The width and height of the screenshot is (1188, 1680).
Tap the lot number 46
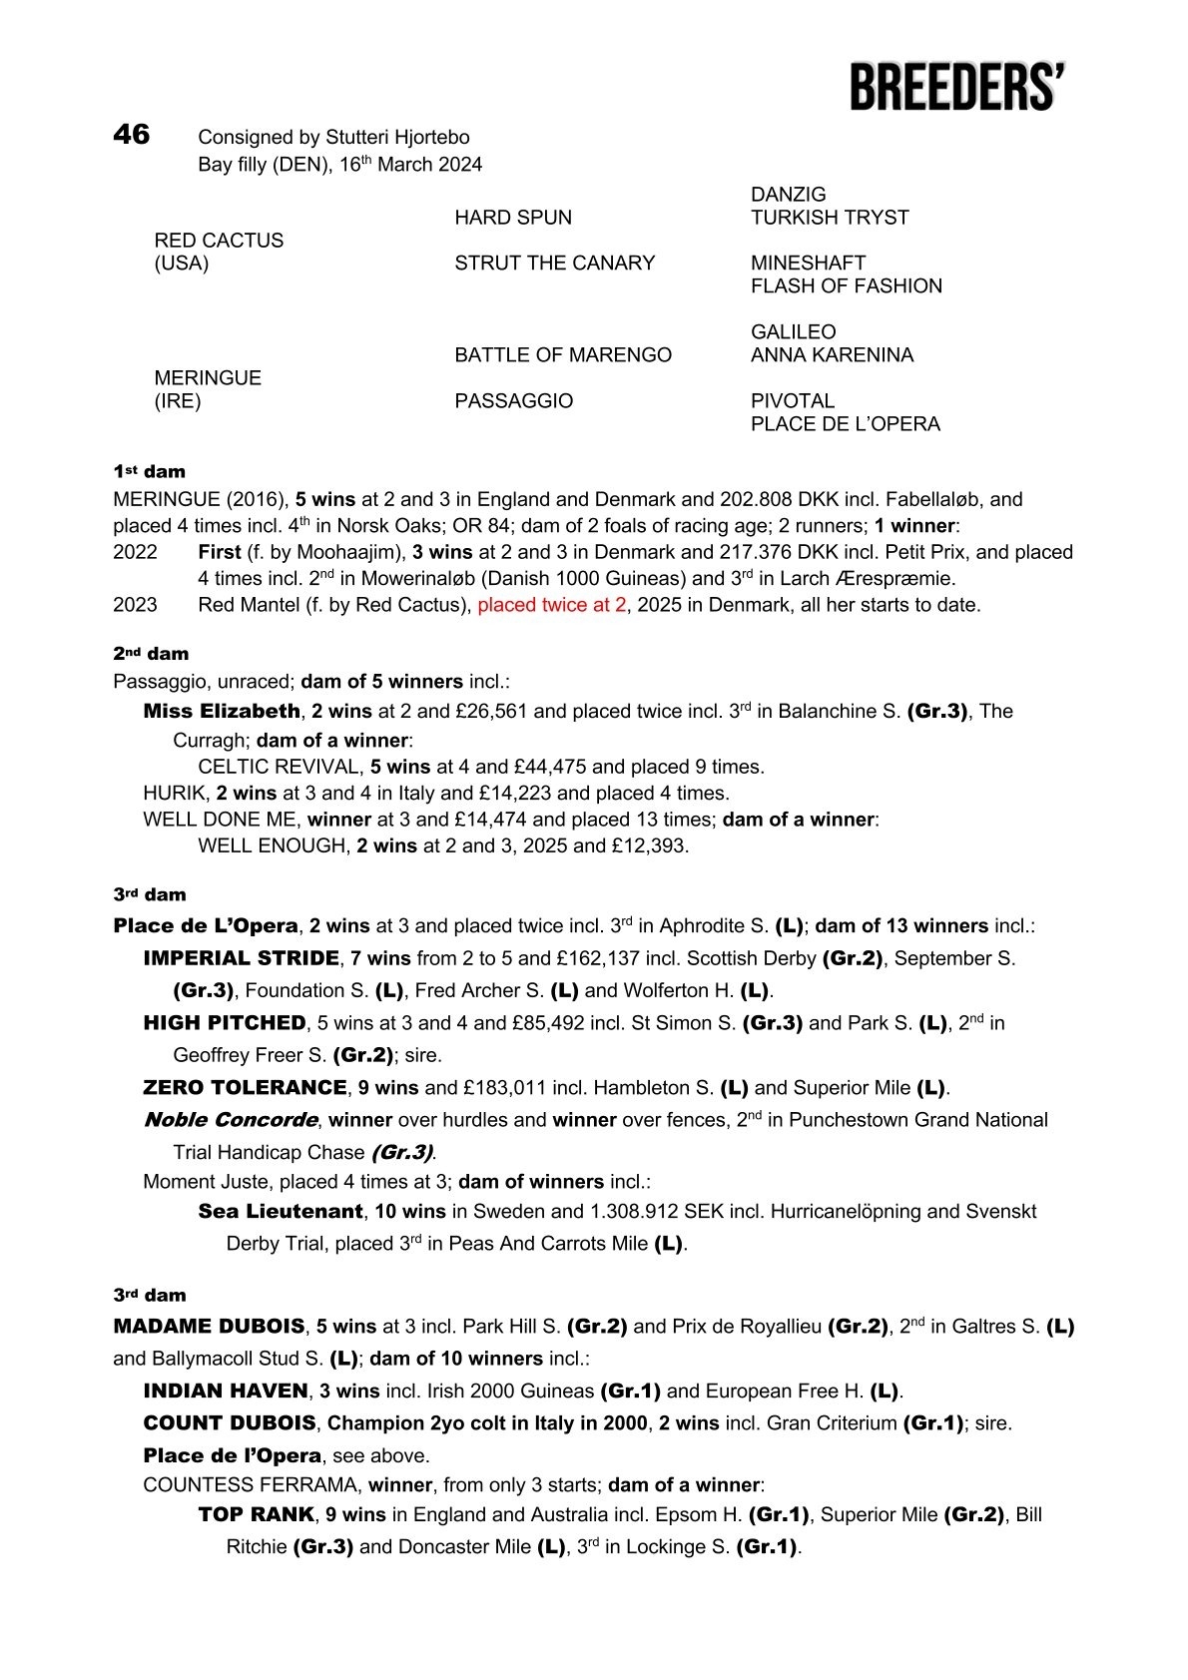click(131, 135)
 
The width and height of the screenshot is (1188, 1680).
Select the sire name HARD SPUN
click(513, 218)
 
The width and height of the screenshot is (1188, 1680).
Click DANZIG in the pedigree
click(788, 195)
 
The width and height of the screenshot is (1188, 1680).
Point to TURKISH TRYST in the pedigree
click(829, 218)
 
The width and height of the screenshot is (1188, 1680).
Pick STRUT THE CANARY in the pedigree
click(554, 264)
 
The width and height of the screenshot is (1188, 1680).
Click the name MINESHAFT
click(808, 264)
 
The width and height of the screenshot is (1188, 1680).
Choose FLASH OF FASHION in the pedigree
click(846, 286)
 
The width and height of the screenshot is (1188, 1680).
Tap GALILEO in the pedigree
click(793, 332)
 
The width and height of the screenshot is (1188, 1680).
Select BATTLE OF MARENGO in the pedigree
click(562, 355)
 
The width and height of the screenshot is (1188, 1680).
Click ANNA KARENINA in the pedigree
click(832, 355)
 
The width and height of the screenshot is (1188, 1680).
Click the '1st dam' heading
click(149, 471)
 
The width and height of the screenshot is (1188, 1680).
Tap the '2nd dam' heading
click(151, 654)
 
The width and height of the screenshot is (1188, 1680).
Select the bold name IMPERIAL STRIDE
click(241, 958)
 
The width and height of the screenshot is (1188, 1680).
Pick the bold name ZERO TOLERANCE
click(245, 1087)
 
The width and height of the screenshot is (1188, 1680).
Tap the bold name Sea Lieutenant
click(280, 1212)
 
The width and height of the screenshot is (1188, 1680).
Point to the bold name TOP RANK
click(256, 1514)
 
